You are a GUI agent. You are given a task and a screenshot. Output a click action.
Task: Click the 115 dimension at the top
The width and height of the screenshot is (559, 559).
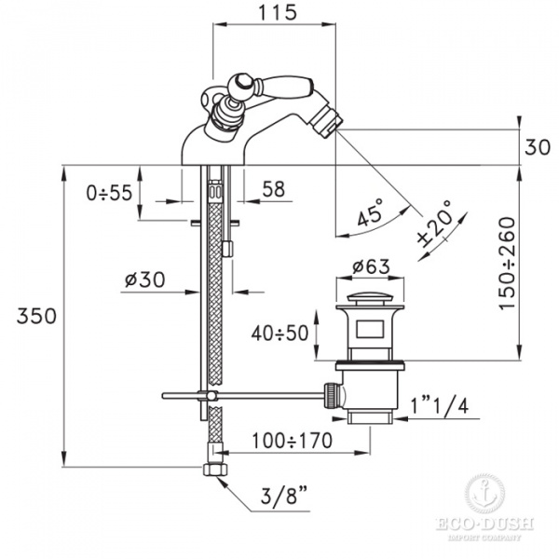(278, 12)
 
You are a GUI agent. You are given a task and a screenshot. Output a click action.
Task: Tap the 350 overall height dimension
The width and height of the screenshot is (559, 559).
(36, 316)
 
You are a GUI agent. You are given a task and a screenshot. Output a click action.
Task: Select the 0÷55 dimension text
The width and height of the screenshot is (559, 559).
(109, 193)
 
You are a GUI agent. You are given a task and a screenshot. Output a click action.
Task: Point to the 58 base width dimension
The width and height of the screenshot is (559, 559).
(273, 189)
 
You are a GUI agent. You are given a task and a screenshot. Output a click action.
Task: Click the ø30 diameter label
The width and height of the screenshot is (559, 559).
(144, 279)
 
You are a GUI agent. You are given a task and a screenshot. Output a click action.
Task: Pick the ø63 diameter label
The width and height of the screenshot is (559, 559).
(371, 266)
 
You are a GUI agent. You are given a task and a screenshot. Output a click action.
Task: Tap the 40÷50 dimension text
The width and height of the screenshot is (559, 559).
(279, 334)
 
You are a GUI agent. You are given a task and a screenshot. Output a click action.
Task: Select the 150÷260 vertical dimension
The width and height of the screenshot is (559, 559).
(507, 264)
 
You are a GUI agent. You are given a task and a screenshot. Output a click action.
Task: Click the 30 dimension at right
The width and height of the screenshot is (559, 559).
(538, 147)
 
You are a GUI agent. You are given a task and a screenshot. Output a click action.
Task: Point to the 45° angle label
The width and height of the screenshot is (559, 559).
(371, 212)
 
